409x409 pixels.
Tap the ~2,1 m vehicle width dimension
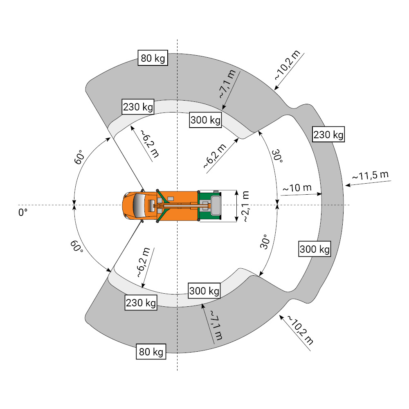[x=246, y=206]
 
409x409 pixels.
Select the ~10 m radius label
[x=297, y=188]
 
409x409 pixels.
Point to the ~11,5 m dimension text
[x=371, y=175]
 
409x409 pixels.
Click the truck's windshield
[x=139, y=206]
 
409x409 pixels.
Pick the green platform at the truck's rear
[x=210, y=206]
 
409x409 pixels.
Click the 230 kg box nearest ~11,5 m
[x=328, y=135]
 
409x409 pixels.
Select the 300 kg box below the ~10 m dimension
[x=315, y=249]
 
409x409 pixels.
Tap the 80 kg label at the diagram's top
[x=153, y=58]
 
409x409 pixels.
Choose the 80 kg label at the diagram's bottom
[x=151, y=352]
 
